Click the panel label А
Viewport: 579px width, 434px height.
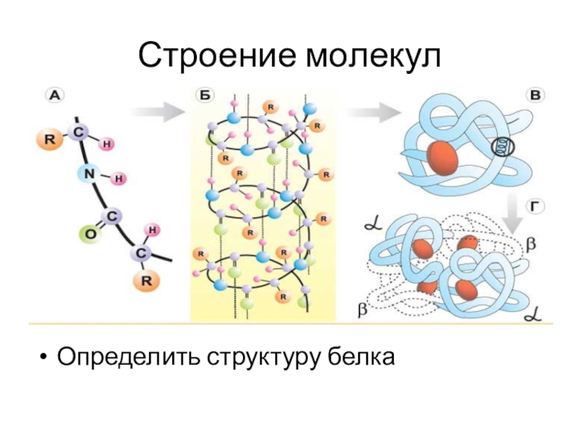56,95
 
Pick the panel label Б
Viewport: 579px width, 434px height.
204,95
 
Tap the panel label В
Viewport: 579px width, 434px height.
538,95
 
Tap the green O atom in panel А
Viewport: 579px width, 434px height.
88,234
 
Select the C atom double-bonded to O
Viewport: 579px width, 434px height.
113,216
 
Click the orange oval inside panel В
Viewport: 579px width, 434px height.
441,156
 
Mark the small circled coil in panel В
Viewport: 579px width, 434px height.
502,147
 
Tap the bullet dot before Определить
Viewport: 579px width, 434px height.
44,358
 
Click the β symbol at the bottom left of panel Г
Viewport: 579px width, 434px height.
363,310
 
